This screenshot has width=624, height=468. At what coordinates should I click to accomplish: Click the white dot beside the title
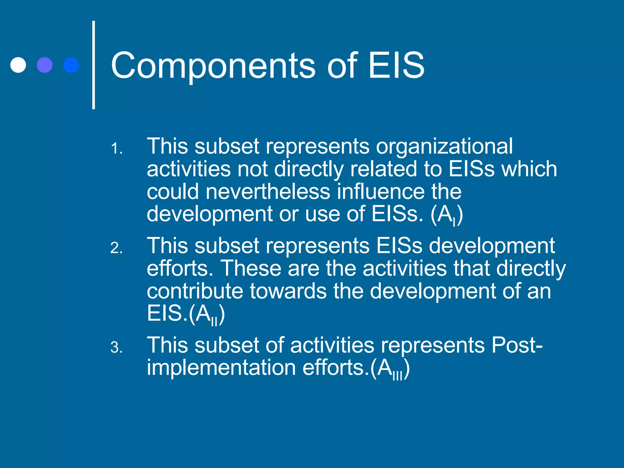coord(18,65)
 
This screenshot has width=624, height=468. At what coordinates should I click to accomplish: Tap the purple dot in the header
coord(44,65)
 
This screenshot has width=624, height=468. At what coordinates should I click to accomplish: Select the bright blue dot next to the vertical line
coord(71,65)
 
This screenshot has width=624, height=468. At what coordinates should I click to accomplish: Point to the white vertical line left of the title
coord(94,65)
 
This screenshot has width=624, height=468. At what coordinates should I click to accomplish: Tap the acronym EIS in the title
coord(396,65)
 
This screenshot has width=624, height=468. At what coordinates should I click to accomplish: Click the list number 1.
coord(116,149)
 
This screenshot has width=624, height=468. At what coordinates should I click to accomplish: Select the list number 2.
coord(116,248)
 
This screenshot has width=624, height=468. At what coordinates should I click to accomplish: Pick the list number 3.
coord(116,347)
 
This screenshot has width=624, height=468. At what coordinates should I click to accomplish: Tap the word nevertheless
coord(268,192)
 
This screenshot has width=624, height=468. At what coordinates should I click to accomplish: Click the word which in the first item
coord(529,169)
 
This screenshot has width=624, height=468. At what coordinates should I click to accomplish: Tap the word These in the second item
coord(250,268)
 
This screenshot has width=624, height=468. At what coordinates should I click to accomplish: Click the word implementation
coord(221,368)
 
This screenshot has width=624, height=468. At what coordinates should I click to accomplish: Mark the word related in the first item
coord(383,169)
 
